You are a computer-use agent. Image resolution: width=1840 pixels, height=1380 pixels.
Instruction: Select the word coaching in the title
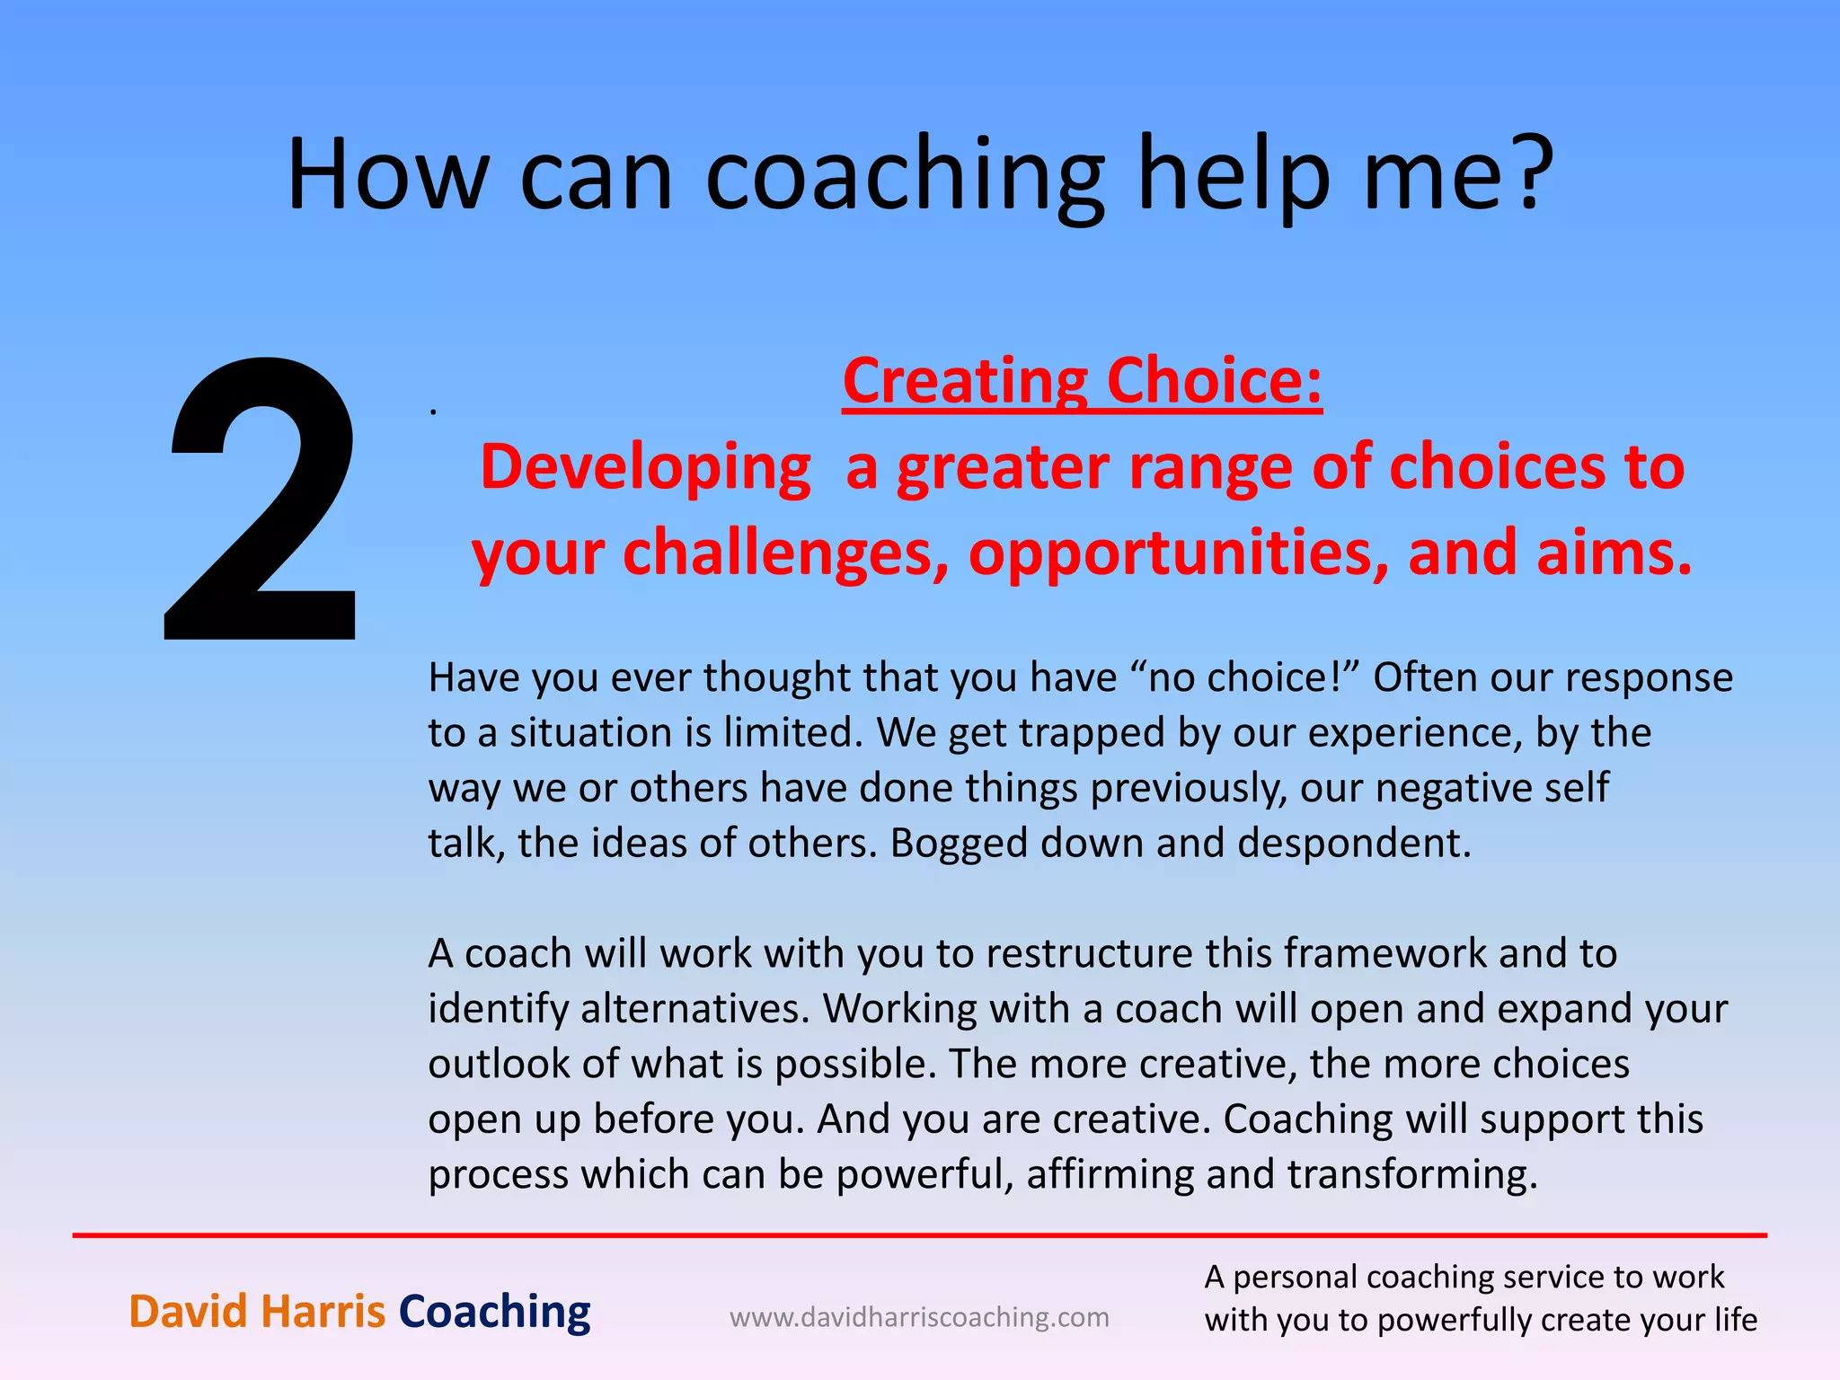tap(904, 175)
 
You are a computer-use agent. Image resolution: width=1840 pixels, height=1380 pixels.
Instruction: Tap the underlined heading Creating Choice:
tap(1082, 381)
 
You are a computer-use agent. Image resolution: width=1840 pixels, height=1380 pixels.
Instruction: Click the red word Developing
tap(645, 467)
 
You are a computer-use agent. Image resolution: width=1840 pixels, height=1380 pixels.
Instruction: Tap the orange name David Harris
tap(257, 1312)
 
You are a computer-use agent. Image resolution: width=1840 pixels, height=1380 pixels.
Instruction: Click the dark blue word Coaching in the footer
tap(494, 1312)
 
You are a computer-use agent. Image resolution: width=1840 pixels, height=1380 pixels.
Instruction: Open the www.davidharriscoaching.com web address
tap(919, 1318)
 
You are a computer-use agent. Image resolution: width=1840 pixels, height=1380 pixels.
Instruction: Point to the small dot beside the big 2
tap(433, 411)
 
